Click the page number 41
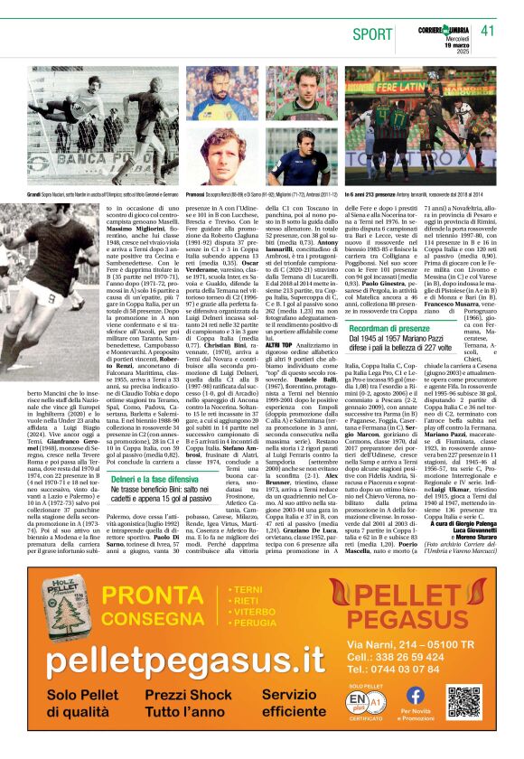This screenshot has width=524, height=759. (x=489, y=31)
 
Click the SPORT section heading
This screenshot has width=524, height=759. (x=374, y=33)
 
